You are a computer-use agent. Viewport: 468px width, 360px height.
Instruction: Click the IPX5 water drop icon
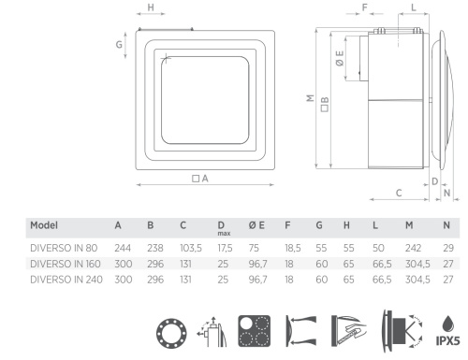pyautogui.click(x=447, y=330)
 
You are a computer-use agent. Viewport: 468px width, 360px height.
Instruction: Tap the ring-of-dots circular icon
pyautogui.click(x=171, y=333)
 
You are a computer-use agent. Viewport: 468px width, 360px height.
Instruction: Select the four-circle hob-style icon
pyautogui.click(x=255, y=331)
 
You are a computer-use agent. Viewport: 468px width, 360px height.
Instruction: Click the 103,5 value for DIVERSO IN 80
pyautogui.click(x=191, y=248)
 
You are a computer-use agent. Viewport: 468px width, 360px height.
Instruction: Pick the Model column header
pyautogui.click(x=44, y=225)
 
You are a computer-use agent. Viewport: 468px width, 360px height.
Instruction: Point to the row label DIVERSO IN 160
pyautogui.click(x=66, y=264)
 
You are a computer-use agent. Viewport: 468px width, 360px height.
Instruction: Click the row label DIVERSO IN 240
pyautogui.click(x=66, y=280)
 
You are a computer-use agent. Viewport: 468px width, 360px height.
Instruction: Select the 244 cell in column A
pyautogui.click(x=123, y=248)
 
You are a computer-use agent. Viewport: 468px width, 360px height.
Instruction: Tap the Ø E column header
pyautogui.click(x=256, y=225)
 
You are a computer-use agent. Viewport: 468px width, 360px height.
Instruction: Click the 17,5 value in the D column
pyautogui.click(x=225, y=248)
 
